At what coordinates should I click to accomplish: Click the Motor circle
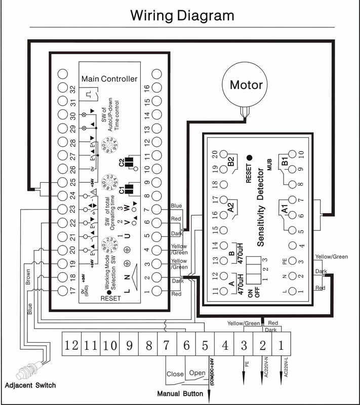point(247,84)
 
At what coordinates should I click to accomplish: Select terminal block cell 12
point(72,346)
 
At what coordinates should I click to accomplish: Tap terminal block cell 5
point(205,346)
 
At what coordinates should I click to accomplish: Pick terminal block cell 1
point(281,346)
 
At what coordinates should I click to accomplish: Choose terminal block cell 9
point(129,346)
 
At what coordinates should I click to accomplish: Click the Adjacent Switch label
point(30,385)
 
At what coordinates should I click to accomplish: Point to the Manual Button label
point(180,393)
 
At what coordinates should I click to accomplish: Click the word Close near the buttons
point(175,375)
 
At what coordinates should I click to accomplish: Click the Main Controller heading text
point(109,79)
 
